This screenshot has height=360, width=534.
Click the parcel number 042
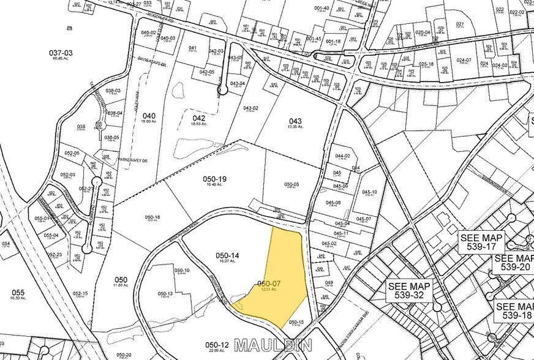198,118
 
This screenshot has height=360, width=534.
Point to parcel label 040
149,116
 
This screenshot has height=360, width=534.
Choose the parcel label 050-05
291,184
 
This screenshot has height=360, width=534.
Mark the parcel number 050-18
152,217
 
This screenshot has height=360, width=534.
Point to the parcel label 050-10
182,270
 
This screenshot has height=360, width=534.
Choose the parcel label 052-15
79,293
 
